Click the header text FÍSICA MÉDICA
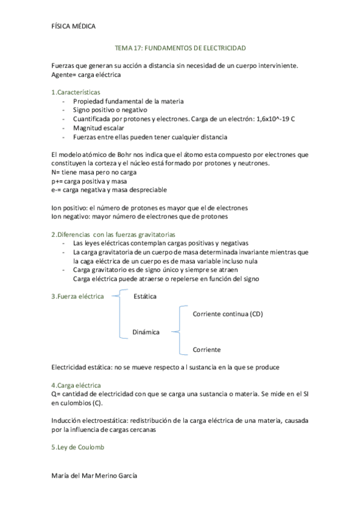point(74,26)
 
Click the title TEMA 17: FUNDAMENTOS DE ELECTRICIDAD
point(180,48)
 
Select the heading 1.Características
point(76,93)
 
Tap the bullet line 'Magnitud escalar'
point(99,128)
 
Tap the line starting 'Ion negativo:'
point(139,217)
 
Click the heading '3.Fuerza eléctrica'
point(78,296)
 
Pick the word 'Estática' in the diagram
point(145,296)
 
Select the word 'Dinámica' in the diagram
point(146,331)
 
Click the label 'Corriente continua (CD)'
point(228,314)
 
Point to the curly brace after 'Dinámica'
point(177,331)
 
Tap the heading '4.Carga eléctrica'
point(76,384)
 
